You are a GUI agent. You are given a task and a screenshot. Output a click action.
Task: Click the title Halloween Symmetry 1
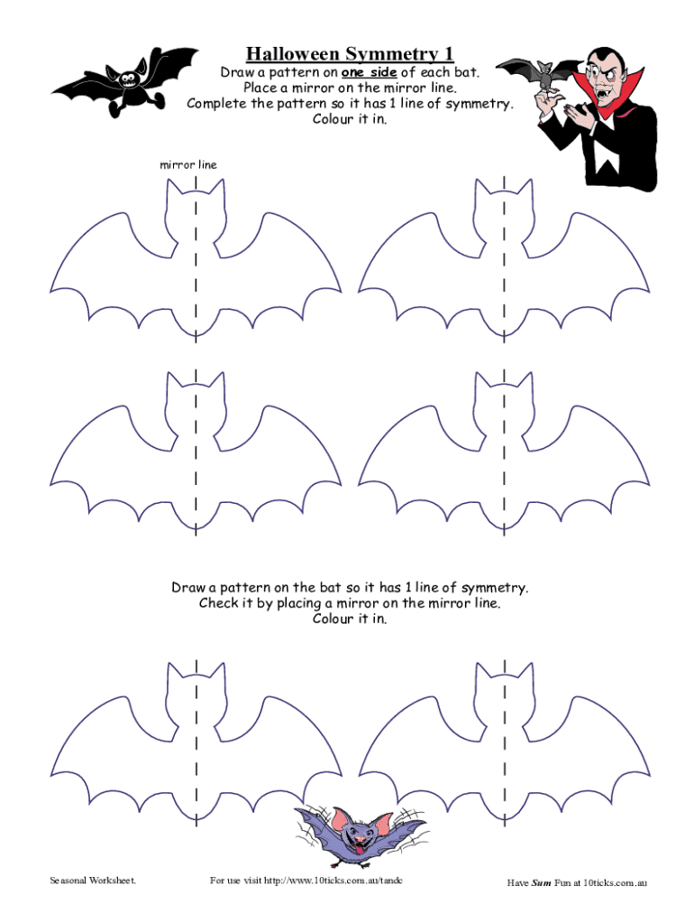coord(350,53)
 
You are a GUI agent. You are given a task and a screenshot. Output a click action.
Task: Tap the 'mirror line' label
coord(188,165)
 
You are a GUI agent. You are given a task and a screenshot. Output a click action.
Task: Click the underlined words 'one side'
coord(369,72)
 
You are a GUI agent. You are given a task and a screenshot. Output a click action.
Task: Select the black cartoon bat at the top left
coord(125,82)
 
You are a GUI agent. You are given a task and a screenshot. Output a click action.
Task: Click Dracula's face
coord(607,76)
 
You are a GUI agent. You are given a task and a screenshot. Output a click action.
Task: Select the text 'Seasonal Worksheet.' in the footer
coord(93,881)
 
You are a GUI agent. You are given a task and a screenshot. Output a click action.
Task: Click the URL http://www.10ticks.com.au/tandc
coord(333,881)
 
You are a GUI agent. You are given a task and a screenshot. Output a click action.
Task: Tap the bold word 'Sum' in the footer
coord(542,883)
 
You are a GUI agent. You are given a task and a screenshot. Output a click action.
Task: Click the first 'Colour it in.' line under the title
coord(350,119)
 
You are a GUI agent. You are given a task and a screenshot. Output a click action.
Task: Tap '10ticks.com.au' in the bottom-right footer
coord(615,883)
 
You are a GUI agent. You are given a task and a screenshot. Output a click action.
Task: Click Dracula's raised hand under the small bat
coord(551,106)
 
